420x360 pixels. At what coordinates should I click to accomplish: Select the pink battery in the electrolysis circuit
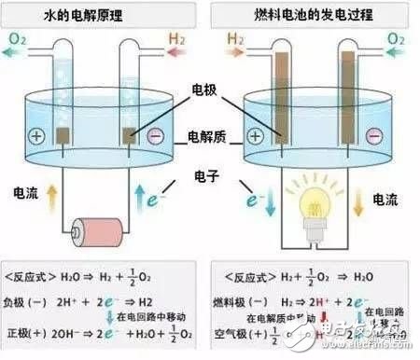[x=99, y=229]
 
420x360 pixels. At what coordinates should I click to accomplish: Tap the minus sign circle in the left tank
[x=156, y=136]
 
